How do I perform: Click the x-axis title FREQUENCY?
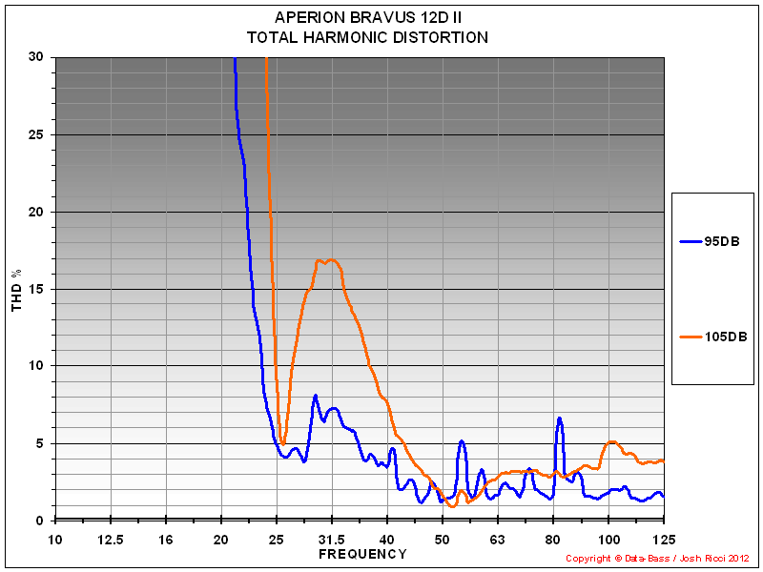tap(362, 554)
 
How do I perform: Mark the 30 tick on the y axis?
tap(35, 57)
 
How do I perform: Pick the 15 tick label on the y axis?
tap(35, 289)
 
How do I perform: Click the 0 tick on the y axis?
tap(39, 521)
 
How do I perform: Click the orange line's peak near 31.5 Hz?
tap(328, 259)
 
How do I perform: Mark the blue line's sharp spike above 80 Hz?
tap(560, 418)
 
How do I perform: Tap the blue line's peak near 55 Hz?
tap(462, 440)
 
